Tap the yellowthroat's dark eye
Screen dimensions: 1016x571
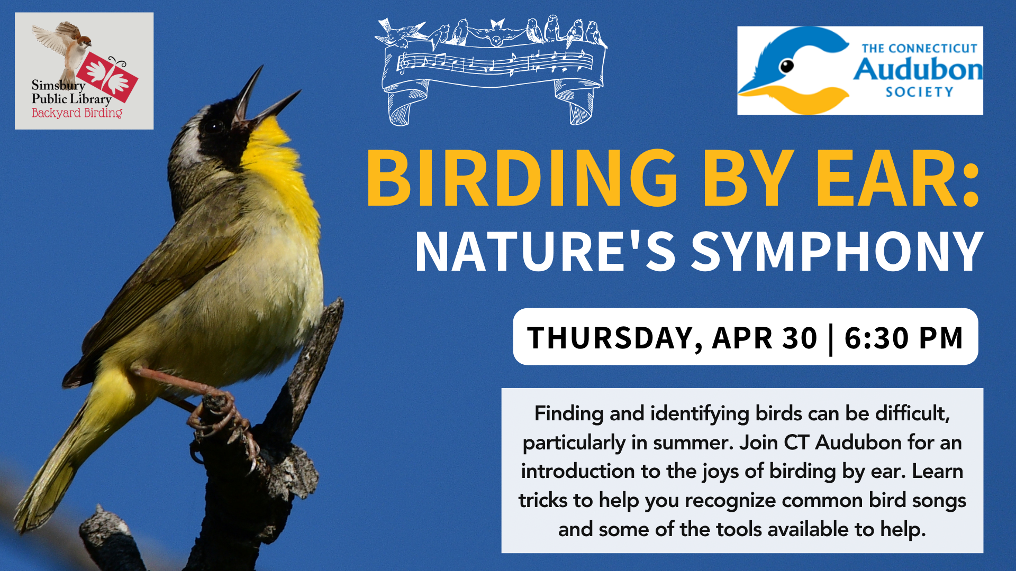pos(214,127)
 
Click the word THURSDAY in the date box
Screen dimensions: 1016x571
pos(614,338)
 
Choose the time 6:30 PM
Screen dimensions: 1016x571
pos(903,338)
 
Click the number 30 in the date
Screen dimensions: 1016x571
pos(800,338)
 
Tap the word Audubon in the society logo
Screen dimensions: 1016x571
pos(918,70)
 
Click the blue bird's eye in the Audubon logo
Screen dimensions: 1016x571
pos(787,66)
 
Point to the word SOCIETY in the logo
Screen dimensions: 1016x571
pos(920,92)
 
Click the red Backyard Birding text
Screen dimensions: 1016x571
pos(77,113)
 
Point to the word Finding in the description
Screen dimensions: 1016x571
pos(569,414)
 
